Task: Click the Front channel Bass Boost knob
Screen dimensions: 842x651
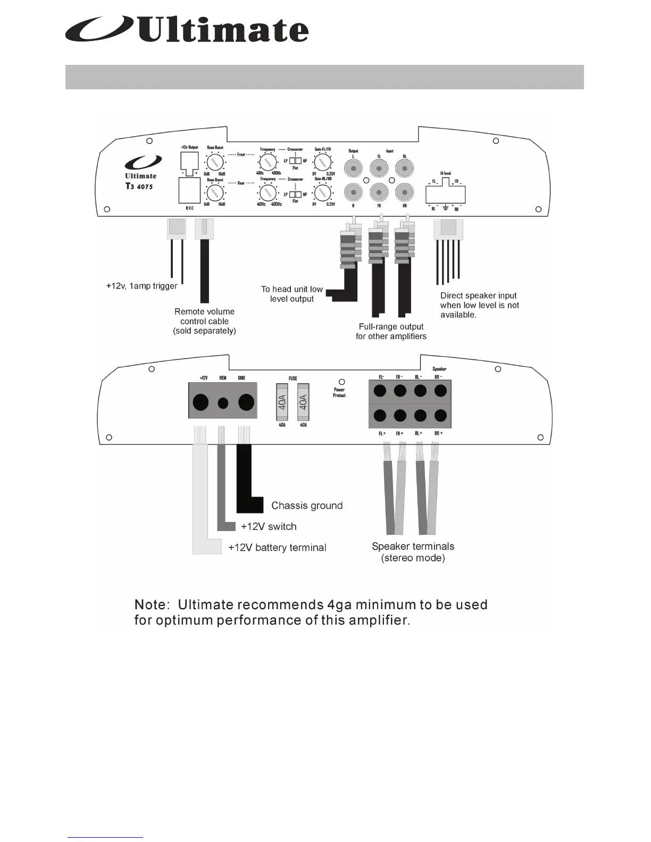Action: coord(214,162)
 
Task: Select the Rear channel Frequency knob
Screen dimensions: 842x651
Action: coord(268,192)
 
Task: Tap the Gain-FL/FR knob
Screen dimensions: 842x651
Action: coord(323,162)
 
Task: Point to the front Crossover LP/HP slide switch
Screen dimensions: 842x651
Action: coord(295,161)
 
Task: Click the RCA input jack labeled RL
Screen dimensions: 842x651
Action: coord(404,169)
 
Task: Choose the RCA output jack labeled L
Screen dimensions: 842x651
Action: coord(354,169)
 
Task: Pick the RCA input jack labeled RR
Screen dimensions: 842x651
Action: coord(404,192)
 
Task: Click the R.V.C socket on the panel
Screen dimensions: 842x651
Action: coord(188,190)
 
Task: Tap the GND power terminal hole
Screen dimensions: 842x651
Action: coord(246,402)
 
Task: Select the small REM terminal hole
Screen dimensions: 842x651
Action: coord(223,403)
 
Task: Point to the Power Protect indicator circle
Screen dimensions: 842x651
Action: coord(341,382)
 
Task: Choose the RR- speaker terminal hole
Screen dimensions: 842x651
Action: coord(440,391)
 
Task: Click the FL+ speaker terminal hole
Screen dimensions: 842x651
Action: coord(380,416)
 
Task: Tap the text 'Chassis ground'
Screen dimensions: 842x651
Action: coord(307,506)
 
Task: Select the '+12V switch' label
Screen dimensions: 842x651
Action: coord(269,526)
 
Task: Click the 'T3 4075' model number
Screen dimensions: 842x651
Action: coord(139,187)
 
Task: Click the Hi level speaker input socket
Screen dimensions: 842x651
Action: coord(446,193)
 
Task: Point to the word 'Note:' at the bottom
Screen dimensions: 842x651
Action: coord(152,605)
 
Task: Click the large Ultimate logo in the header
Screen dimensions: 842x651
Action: coord(186,30)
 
